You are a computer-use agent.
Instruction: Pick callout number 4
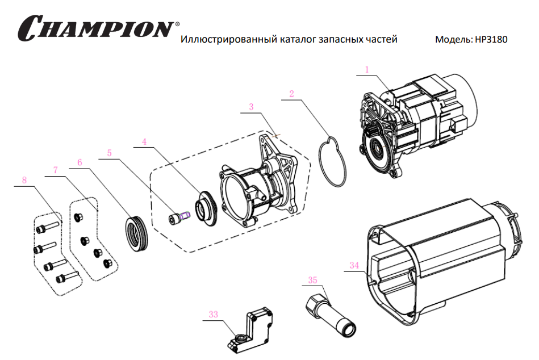click(x=145, y=141)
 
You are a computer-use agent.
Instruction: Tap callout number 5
click(x=109, y=153)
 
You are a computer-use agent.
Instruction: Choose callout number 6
click(x=80, y=162)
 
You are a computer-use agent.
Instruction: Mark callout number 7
click(x=56, y=170)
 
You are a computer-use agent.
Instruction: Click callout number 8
click(x=24, y=180)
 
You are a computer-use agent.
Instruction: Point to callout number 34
click(x=354, y=265)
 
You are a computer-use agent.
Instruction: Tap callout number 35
click(x=312, y=280)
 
